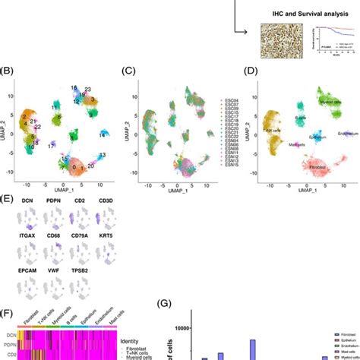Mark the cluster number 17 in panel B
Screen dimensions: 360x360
point(50,144)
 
